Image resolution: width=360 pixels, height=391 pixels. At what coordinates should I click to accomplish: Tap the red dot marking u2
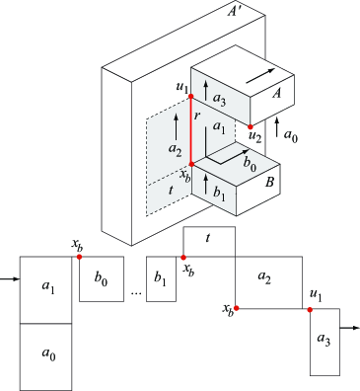click(x=252, y=125)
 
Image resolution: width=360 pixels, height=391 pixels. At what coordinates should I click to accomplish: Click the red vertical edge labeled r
click(x=190, y=128)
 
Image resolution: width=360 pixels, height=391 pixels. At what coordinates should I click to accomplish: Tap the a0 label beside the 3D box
click(x=292, y=133)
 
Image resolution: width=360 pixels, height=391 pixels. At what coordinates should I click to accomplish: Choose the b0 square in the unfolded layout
click(x=102, y=279)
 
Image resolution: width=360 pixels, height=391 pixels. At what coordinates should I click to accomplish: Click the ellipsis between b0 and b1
click(x=137, y=293)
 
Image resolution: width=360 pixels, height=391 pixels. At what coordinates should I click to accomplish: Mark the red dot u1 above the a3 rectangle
click(x=311, y=308)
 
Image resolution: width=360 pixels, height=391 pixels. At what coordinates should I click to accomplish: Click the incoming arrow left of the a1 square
click(x=9, y=279)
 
